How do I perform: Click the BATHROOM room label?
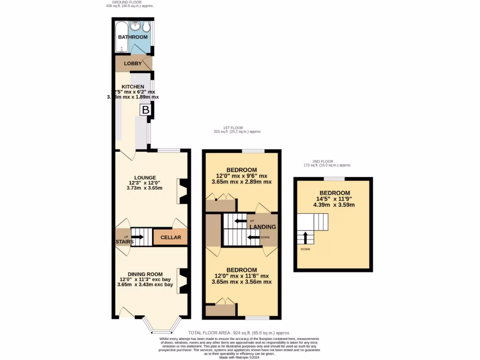click(133, 37)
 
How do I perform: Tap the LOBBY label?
click(133, 63)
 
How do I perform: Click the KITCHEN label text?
click(133, 87)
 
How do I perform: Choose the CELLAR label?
click(171, 238)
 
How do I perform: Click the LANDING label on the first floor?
click(262, 227)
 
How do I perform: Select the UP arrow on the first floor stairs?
click(240, 221)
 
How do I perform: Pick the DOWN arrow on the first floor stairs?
click(254, 237)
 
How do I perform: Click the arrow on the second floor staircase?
click(305, 238)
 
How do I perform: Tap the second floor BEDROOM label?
click(335, 193)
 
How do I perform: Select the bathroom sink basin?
click(135, 26)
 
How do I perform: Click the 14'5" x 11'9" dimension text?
click(335, 199)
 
